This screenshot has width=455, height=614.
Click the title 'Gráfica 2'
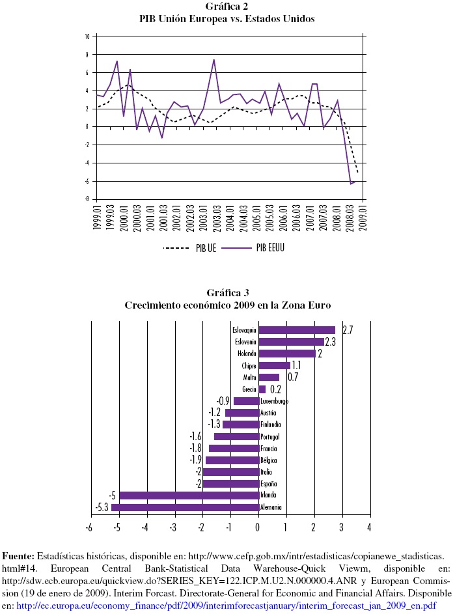click(x=227, y=7)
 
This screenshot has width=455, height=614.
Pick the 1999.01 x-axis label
click(x=96, y=216)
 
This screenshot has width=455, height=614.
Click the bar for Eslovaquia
click(x=297, y=330)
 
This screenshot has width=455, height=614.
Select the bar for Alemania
click(x=185, y=507)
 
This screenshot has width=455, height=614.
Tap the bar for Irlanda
click(x=189, y=495)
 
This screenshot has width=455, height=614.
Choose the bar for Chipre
click(x=274, y=365)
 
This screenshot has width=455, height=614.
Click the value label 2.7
click(x=347, y=330)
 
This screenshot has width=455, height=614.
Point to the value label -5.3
click(x=102, y=507)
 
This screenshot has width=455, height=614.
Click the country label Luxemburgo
click(x=274, y=401)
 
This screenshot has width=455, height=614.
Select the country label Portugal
click(x=269, y=436)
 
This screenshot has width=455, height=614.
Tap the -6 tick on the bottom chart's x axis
click(x=90, y=526)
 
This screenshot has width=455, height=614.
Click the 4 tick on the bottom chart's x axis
click(x=370, y=526)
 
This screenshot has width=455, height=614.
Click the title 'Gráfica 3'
click(x=227, y=292)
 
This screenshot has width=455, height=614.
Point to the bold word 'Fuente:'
click(x=18, y=557)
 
